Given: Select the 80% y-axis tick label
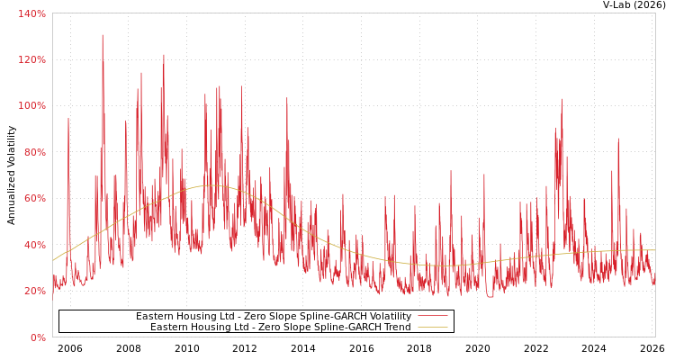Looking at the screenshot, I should click(33, 152).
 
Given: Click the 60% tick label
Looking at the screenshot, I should click(33, 199).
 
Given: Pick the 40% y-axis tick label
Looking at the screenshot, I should click(33, 245).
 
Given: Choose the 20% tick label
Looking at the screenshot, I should click(33, 291).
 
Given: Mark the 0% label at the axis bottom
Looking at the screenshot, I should click(37, 337).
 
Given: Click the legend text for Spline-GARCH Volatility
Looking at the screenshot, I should click(274, 317).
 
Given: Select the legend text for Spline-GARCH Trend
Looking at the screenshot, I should click(281, 328).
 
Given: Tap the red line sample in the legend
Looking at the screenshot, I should click(433, 317).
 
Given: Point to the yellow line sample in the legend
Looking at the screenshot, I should click(433, 328).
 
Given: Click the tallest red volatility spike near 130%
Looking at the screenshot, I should click(103, 36).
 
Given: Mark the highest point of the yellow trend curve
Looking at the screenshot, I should click(211, 185).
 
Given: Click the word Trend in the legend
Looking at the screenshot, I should click(397, 328).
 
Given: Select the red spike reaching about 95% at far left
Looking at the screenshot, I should click(67, 119).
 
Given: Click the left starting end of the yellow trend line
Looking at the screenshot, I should click(53, 260).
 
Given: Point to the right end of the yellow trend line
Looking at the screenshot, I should click(654, 250).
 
